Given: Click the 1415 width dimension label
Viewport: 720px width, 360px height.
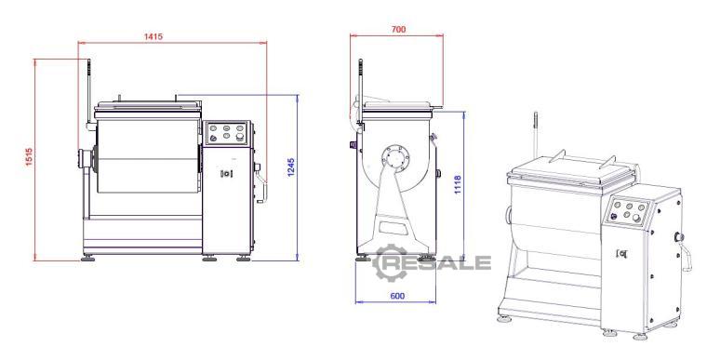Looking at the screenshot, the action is pyautogui.click(x=153, y=36).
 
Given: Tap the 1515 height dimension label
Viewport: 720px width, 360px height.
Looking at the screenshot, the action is pyautogui.click(x=30, y=157).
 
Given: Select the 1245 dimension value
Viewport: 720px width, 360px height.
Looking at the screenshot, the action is pyautogui.click(x=290, y=167).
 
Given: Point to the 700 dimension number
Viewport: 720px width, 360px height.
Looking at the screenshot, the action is pyautogui.click(x=398, y=30).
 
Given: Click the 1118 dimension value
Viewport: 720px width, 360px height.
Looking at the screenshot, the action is pyautogui.click(x=458, y=184).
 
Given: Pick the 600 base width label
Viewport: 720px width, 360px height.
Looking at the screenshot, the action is pyautogui.click(x=397, y=296).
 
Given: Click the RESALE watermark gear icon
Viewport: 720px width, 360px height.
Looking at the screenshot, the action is pyautogui.click(x=390, y=262).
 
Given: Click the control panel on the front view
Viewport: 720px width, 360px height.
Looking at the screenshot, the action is pyautogui.click(x=226, y=133).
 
